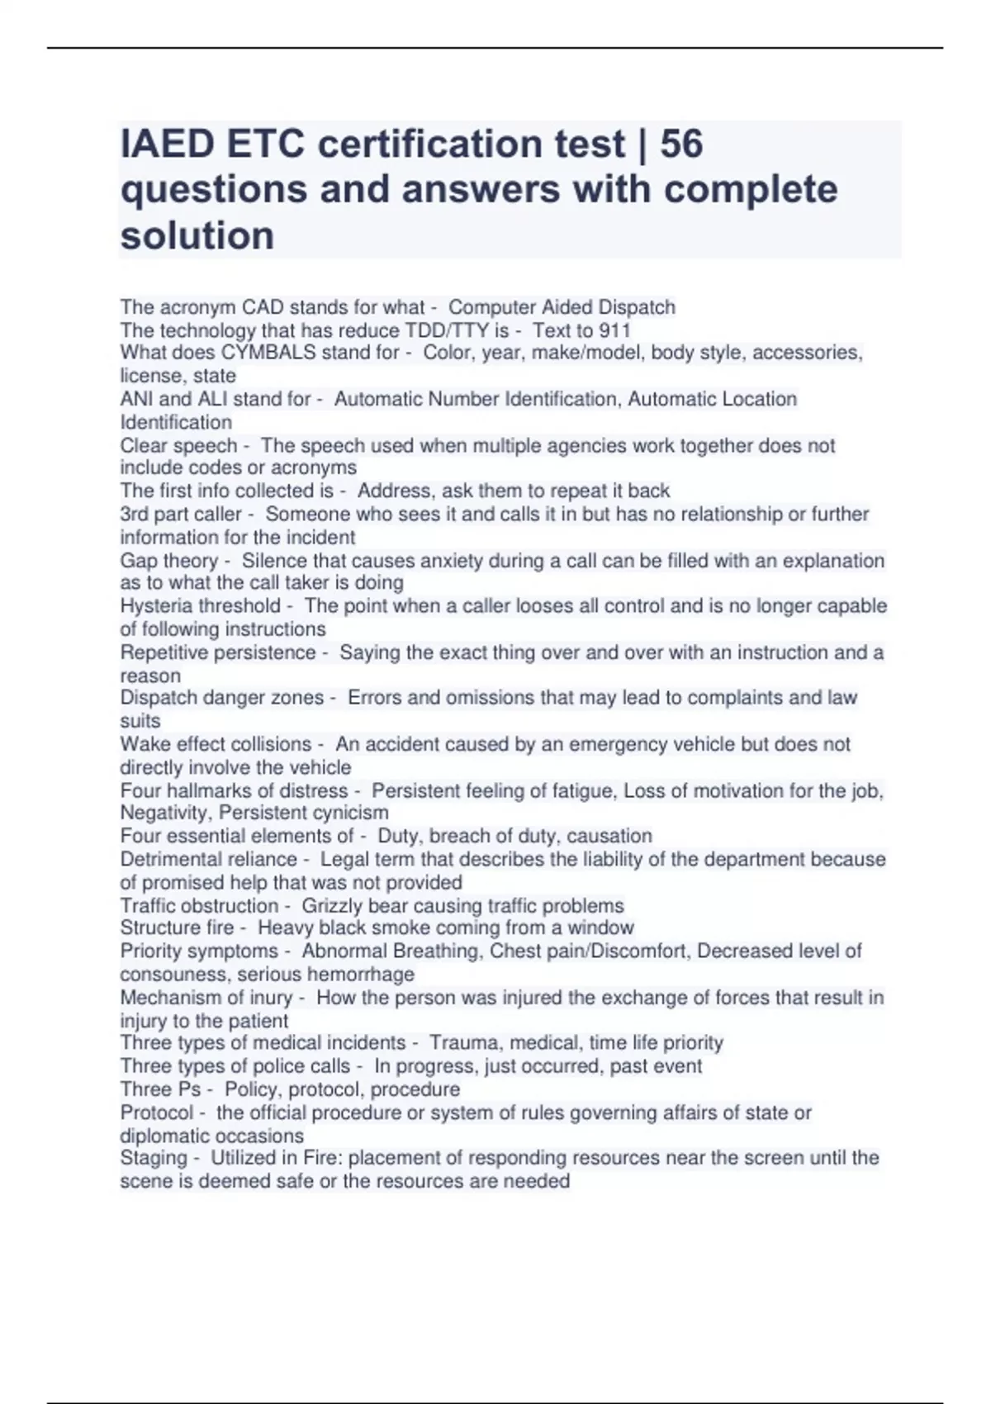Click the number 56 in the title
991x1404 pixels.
(681, 144)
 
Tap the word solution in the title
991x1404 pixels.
(197, 235)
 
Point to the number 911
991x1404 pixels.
(614, 330)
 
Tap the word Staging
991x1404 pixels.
(154, 1158)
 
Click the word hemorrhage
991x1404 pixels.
(361, 974)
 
